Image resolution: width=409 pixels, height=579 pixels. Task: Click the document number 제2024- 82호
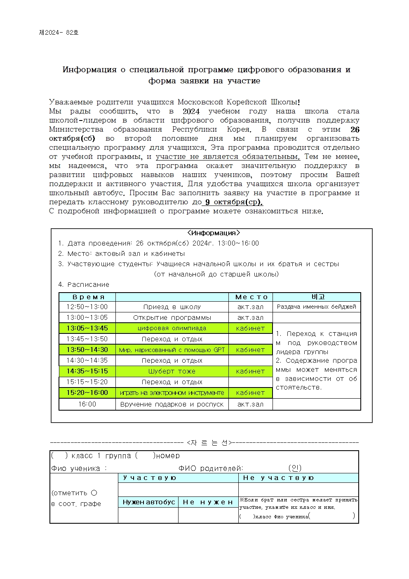click(x=59, y=32)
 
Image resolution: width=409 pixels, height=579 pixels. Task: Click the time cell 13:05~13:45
click(x=87, y=328)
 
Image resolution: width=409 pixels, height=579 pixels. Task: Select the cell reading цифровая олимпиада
click(x=172, y=328)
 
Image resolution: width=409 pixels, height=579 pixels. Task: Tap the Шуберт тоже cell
click(x=172, y=371)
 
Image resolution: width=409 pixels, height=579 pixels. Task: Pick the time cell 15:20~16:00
click(x=87, y=392)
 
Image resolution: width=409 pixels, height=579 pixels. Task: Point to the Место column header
click(x=251, y=297)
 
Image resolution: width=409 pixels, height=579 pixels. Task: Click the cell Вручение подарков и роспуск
click(x=172, y=404)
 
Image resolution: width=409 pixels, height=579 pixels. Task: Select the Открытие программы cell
click(x=172, y=317)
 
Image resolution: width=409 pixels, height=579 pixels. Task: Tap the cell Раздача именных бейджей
click(x=316, y=307)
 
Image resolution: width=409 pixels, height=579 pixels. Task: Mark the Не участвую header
click(x=278, y=477)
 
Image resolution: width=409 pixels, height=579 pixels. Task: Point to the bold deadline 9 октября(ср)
click(x=234, y=202)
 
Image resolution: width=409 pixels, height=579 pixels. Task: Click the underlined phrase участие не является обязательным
click(x=228, y=156)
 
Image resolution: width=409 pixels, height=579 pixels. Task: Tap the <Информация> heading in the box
click(x=213, y=233)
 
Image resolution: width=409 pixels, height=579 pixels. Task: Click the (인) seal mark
click(x=295, y=468)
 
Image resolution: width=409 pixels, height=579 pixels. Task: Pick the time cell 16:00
click(x=87, y=404)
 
